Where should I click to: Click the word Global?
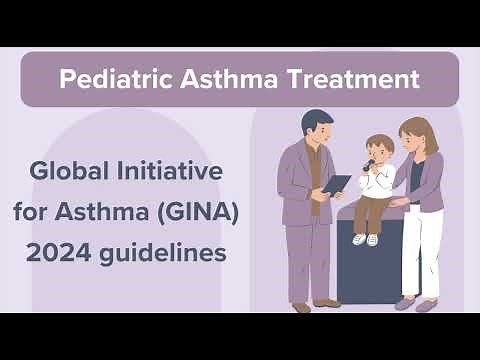coord(68,171)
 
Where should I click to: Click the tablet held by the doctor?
coord(337,184)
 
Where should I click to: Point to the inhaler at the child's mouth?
coord(370,162)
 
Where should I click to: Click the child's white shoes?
coord(365,239)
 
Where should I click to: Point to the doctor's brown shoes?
coord(314,304)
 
